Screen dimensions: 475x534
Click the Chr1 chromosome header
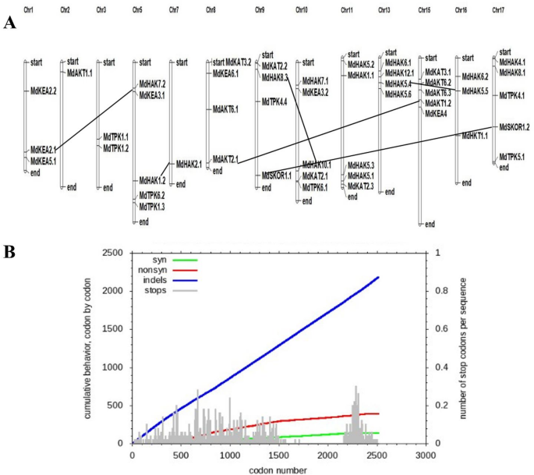(x=29, y=9)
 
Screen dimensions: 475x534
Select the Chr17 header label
(x=499, y=9)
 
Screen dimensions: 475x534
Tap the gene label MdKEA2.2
(x=44, y=91)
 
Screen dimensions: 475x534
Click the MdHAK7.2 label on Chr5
(x=152, y=83)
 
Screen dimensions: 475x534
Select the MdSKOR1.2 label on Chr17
(x=514, y=126)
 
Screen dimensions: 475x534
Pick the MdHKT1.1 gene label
(x=472, y=136)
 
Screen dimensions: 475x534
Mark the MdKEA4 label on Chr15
(x=436, y=113)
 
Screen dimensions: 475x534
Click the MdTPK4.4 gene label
(x=274, y=101)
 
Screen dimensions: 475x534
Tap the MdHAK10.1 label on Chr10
(x=317, y=165)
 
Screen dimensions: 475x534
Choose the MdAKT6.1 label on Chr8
(x=225, y=109)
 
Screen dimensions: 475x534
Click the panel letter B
(x=9, y=252)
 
